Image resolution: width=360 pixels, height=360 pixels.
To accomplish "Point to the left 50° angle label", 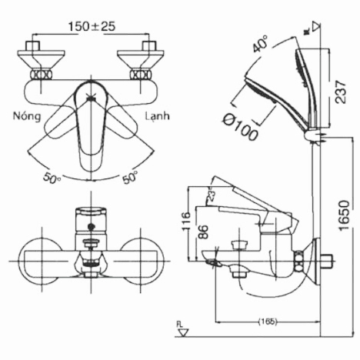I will point(52,178).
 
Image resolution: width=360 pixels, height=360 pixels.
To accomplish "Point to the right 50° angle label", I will point(132,178).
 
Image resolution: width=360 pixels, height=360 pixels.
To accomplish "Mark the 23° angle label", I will point(211,197).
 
